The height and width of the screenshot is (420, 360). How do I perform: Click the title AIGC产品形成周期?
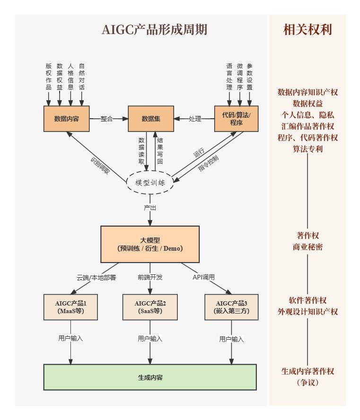tap(154, 30)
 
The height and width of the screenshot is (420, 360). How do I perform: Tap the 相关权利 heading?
tap(307, 30)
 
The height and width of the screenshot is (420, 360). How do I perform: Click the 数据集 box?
tap(151, 119)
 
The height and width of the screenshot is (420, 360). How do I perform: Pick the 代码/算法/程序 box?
tap(237, 119)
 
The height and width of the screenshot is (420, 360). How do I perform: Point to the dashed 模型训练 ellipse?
tap(150, 183)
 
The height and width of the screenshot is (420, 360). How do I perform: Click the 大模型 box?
tap(149, 244)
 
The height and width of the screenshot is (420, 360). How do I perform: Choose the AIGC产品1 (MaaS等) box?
tap(71, 307)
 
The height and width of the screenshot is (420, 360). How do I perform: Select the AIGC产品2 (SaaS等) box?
tap(150, 307)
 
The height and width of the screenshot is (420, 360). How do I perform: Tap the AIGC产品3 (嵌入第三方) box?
tap(231, 307)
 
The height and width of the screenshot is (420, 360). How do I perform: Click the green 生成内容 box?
tap(150, 377)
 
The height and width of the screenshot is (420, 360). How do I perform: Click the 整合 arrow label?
tap(107, 119)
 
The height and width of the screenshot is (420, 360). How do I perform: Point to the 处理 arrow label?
tap(195, 119)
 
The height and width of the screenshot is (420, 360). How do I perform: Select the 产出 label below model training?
tap(150, 208)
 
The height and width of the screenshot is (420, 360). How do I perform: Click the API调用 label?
tap(203, 277)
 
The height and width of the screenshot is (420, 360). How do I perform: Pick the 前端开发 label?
tap(150, 277)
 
